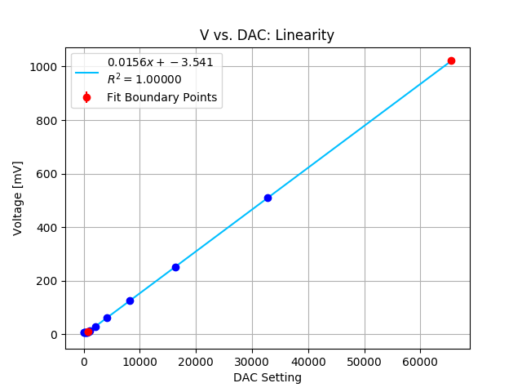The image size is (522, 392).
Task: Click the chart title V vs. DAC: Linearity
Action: tap(267, 35)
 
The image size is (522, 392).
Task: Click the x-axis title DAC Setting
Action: tap(267, 377)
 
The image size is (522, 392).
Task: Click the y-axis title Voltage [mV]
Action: tap(18, 198)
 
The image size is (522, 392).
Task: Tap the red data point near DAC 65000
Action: tap(451, 61)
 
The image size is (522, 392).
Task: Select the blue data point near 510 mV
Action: tap(268, 198)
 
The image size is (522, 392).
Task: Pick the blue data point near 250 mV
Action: tap(175, 267)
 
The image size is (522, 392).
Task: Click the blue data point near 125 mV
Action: tap(130, 301)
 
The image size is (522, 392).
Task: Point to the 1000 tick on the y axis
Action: tap(48, 67)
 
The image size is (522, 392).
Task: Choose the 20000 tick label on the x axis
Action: tap(196, 362)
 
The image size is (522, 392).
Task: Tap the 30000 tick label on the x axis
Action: tap(252, 362)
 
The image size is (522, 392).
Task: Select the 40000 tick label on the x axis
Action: tap(308, 362)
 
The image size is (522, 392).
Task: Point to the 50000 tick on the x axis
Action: tap(365, 362)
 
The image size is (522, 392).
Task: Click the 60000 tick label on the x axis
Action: tap(421, 362)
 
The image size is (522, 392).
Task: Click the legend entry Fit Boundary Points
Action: tap(161, 98)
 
